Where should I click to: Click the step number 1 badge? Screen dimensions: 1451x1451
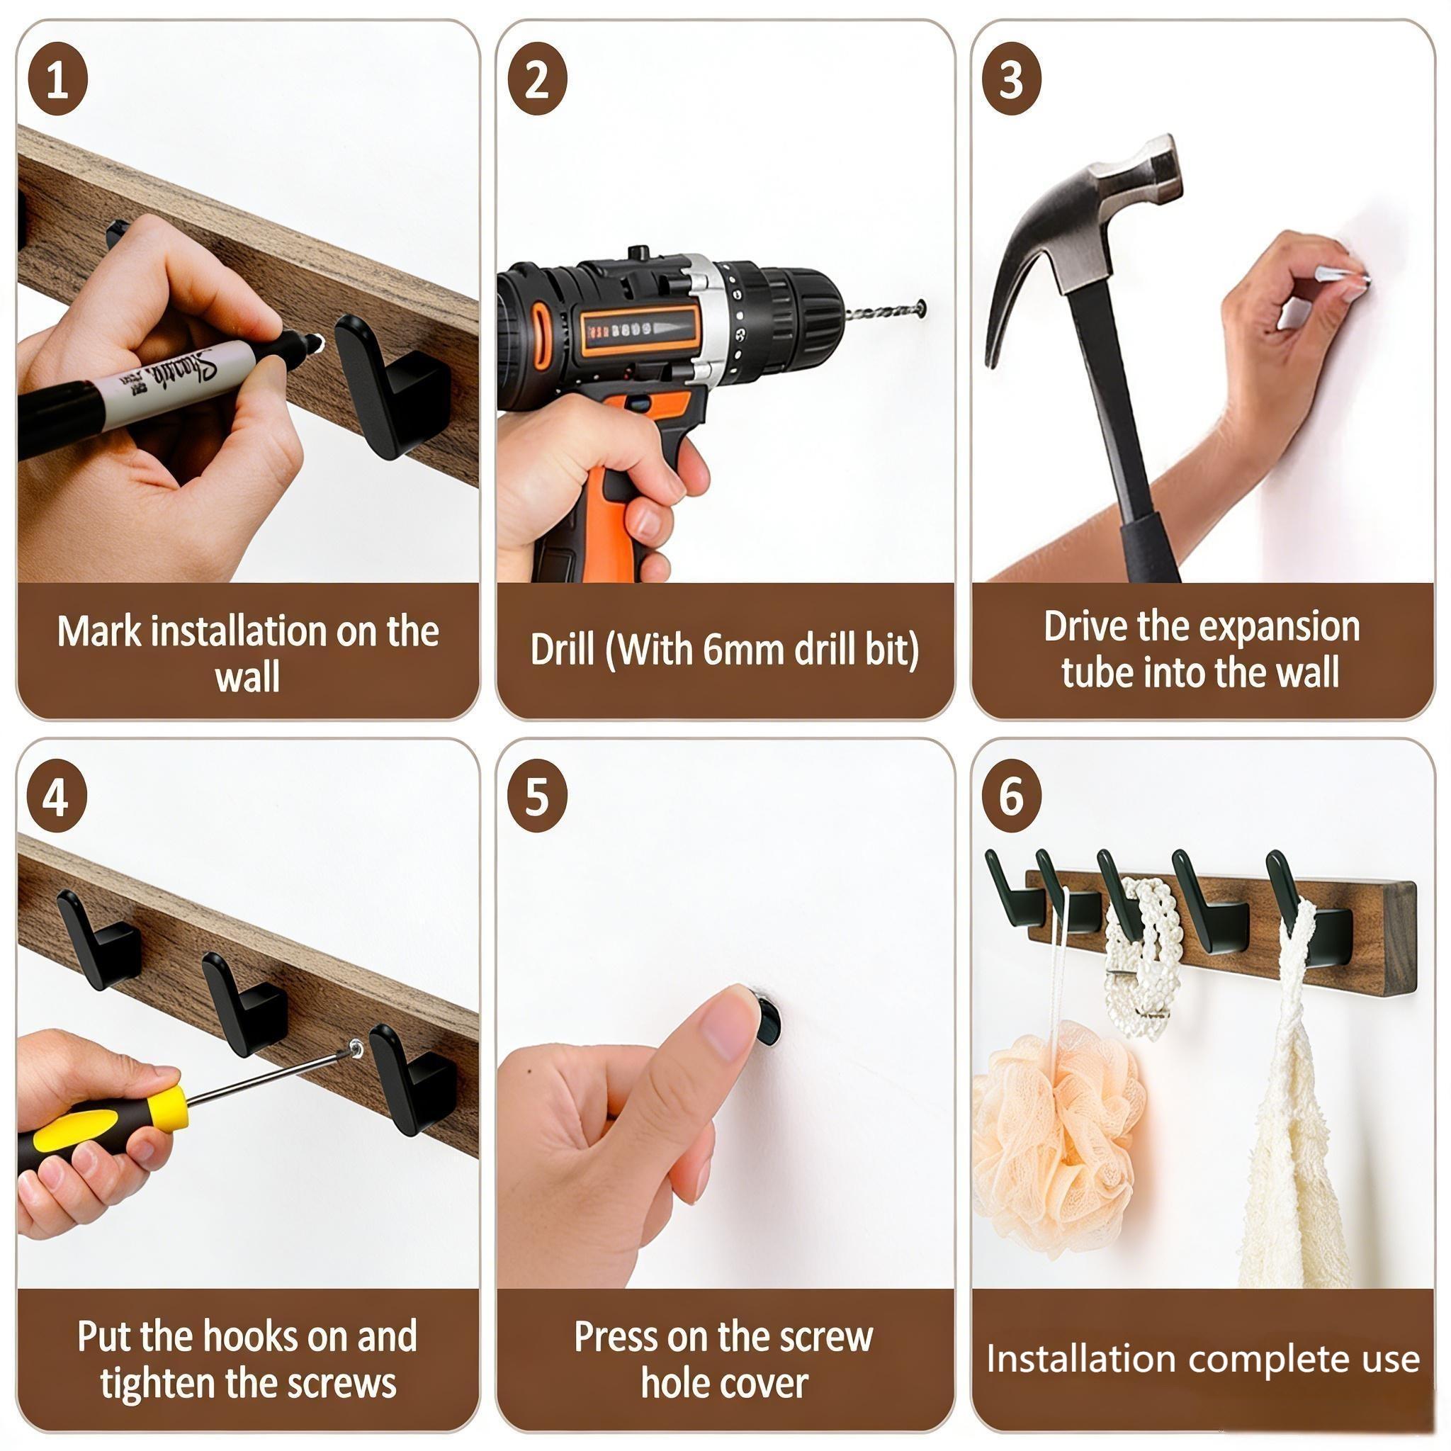pos(58,79)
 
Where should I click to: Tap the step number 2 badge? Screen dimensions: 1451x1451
pos(537,79)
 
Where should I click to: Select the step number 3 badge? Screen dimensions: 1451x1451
pos(1012,79)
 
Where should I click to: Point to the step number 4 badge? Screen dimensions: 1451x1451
pos(57,798)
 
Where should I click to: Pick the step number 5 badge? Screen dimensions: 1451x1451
pos(537,798)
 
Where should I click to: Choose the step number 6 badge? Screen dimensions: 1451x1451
pos(1012,798)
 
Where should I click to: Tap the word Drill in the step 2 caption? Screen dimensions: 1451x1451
pos(563,650)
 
